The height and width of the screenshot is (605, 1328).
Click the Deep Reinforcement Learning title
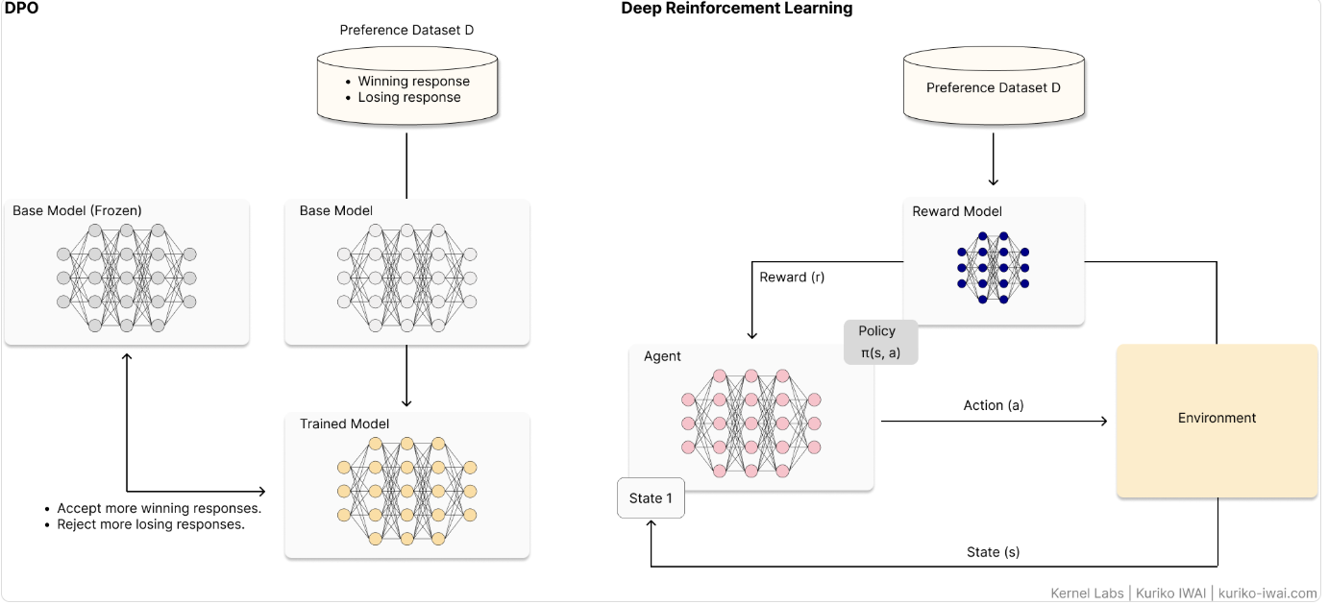tap(736, 9)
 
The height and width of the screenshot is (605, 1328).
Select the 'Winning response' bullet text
tap(414, 82)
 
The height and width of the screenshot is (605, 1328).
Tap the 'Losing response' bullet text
tap(409, 97)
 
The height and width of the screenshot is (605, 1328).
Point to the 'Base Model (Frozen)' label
tap(77, 210)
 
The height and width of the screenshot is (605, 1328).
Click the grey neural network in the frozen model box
tap(127, 278)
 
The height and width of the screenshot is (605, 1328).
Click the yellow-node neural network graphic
tap(407, 491)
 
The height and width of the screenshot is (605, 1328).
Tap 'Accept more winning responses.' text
tap(160, 508)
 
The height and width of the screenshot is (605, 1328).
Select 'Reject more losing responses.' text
tap(151, 524)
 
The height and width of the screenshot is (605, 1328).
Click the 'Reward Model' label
tap(956, 211)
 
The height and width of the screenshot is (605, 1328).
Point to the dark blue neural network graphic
tap(993, 268)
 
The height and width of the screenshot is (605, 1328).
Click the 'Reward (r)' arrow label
tap(792, 278)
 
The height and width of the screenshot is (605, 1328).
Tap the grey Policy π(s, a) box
tap(880, 343)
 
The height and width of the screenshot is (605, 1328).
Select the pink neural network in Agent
tap(750, 423)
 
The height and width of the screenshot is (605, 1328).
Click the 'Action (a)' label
tap(994, 405)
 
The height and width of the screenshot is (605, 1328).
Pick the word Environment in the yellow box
tap(1217, 418)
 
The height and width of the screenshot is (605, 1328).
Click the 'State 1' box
tap(651, 498)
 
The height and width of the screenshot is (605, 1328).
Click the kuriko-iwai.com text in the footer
tap(1267, 593)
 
